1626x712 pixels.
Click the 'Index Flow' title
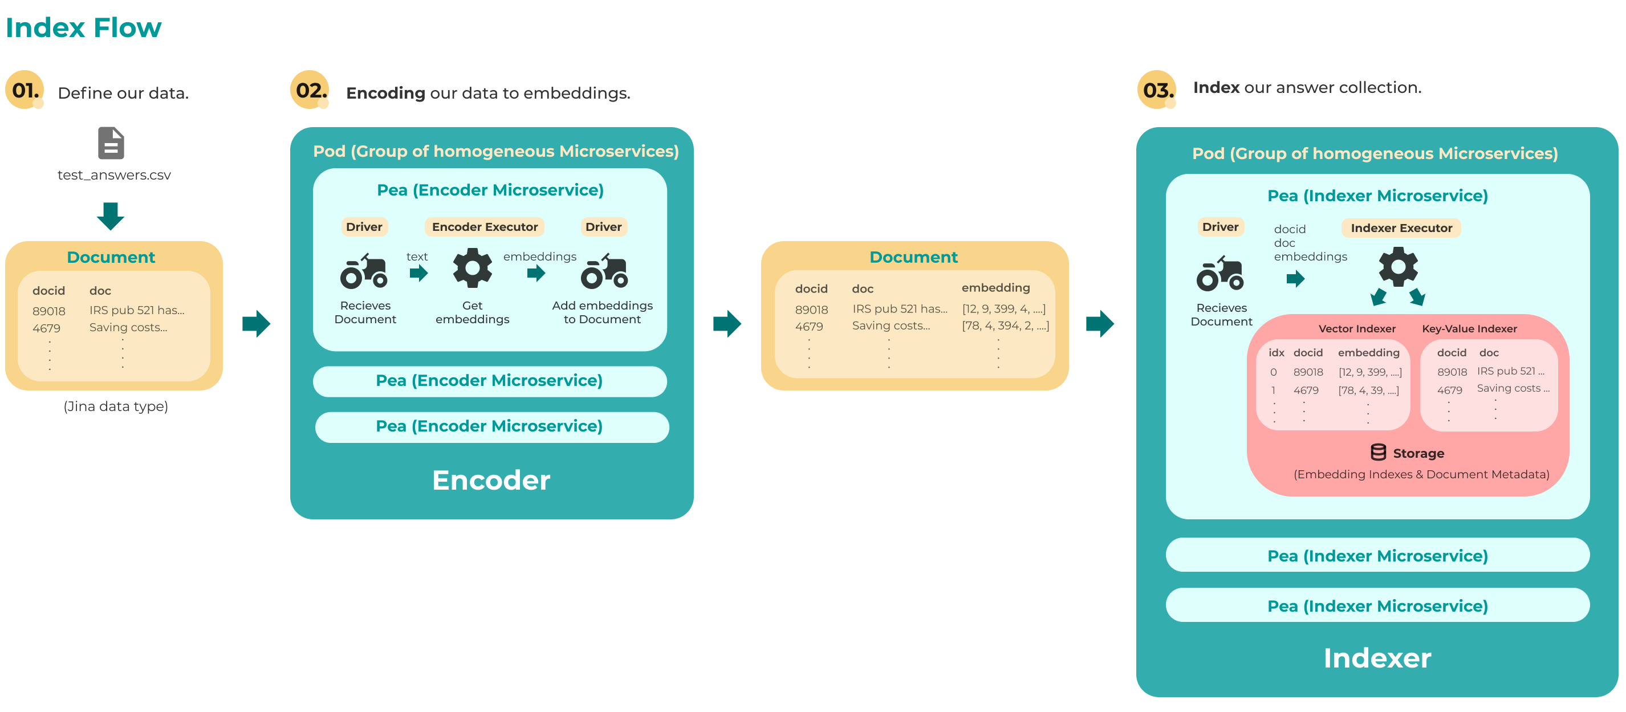coord(83,28)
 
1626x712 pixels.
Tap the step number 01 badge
coord(25,89)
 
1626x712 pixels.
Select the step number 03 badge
coord(1157,89)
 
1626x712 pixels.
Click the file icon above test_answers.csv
coord(111,143)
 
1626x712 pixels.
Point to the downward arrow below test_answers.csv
coord(111,216)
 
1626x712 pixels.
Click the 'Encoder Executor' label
coord(485,227)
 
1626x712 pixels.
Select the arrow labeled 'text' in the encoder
coord(418,273)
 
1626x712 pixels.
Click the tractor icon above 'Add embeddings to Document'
coord(604,271)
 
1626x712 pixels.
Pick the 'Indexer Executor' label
coord(1401,228)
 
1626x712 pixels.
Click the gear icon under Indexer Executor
coord(1398,266)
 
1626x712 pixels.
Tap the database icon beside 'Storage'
coord(1378,452)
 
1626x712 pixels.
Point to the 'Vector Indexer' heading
coord(1356,328)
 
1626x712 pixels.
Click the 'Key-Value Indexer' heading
coord(1469,328)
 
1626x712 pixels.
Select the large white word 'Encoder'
coord(491,480)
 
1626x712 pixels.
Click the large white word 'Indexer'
coord(1377,658)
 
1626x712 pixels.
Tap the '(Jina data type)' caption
coord(116,406)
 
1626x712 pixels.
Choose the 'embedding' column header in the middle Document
coord(995,288)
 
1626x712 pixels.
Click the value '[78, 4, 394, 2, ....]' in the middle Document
coord(1005,326)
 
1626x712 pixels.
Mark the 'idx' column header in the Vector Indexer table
coord(1277,352)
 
